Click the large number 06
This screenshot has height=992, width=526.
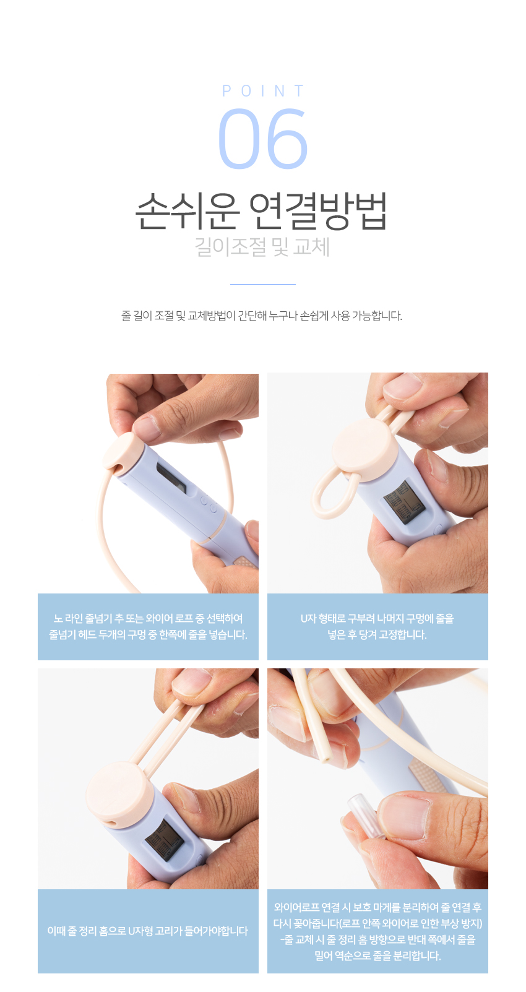tap(262, 139)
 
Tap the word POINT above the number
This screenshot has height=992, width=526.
tap(263, 91)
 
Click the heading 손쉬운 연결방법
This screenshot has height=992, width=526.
tap(261, 212)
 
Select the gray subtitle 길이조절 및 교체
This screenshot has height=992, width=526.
tap(262, 247)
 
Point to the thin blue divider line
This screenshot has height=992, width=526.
tap(263, 284)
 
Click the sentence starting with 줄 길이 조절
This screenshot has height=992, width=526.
tap(262, 316)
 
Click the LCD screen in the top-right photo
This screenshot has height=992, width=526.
tap(404, 501)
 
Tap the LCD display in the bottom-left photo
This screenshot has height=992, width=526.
tap(164, 840)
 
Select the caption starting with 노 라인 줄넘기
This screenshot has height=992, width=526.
tap(148, 627)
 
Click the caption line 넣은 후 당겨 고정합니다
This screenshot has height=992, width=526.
tap(377, 634)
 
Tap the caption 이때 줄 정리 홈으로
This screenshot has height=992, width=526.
tap(148, 931)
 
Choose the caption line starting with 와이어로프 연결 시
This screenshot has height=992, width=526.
tap(377, 907)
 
